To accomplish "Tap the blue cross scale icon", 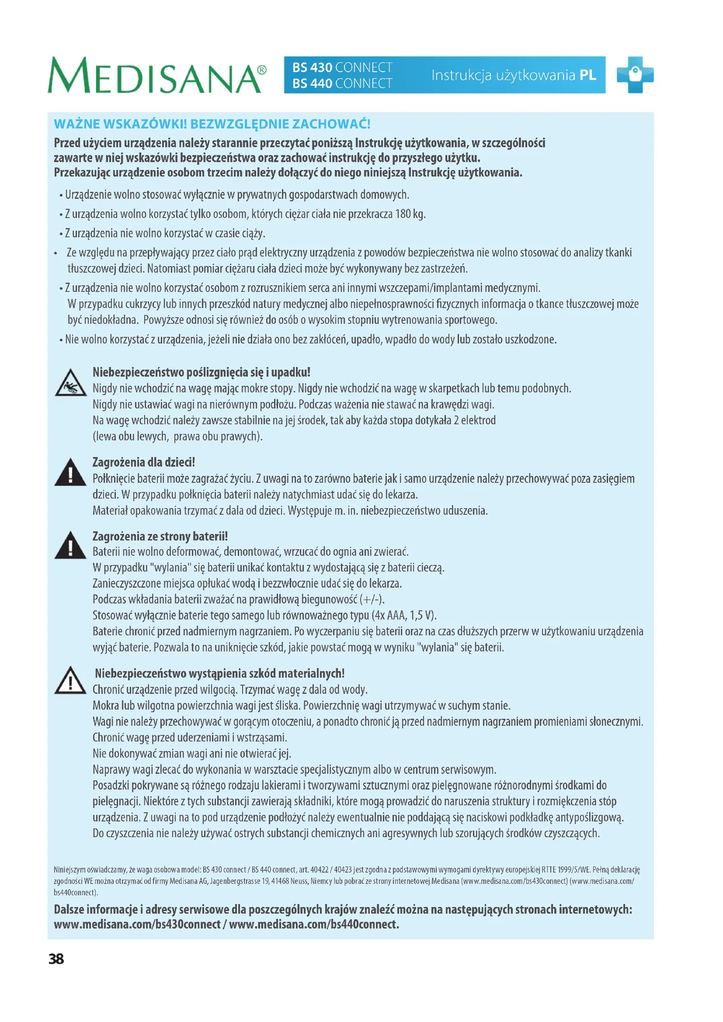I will pos(635,75).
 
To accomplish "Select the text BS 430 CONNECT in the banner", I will pos(342,68).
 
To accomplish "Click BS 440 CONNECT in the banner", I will pos(342,84).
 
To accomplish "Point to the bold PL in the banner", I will pos(587,75).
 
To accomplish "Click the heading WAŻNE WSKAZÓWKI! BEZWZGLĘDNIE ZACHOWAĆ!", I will pos(212,124).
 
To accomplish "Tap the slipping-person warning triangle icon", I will pos(71,383).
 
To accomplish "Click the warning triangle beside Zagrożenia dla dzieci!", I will pos(70,473).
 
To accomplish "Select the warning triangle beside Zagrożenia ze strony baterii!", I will pos(70,546).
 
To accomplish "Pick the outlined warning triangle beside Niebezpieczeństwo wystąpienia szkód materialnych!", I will pos(70,681).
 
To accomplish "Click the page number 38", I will pos(56,959).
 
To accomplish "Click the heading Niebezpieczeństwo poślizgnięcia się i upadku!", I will pos(201,372).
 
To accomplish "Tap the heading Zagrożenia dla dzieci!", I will pos(143,462).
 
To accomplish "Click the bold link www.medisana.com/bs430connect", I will pos(137,925).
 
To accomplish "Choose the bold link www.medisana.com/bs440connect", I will pos(314,925).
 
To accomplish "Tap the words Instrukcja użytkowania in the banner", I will pos(503,75).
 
